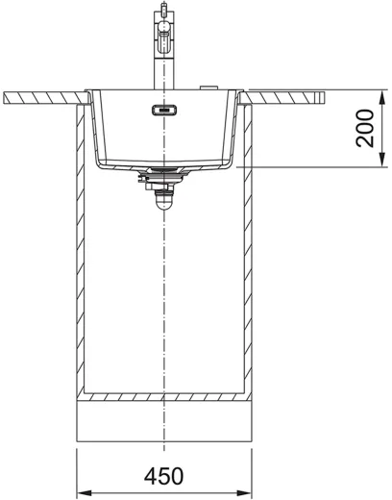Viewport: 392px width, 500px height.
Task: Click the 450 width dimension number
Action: (163, 476)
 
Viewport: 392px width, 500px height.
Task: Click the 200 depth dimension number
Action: (365, 128)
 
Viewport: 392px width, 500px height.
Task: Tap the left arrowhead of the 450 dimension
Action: (85, 492)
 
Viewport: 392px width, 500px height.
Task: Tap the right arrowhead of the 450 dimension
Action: (244, 492)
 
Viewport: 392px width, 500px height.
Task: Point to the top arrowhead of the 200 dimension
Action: (381, 97)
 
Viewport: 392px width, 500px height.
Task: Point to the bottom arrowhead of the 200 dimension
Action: (381, 160)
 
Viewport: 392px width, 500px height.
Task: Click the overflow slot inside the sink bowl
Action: (164, 111)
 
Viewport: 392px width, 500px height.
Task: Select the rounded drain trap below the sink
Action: (163, 201)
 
